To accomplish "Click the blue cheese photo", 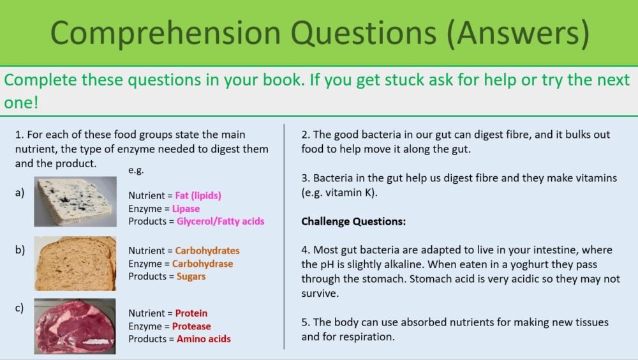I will click(75, 202).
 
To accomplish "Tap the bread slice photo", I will click(75, 263).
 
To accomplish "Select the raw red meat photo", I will click(75, 326).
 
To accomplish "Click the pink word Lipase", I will click(186, 209).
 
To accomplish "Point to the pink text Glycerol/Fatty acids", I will click(220, 221).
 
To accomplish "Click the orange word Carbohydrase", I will click(203, 264).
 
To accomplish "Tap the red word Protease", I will click(191, 326).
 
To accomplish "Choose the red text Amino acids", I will click(204, 339).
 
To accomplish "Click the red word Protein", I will click(191, 313).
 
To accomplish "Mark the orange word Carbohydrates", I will click(207, 251).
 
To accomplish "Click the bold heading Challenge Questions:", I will click(353, 222).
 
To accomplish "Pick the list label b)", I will click(20, 250).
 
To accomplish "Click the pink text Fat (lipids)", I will click(198, 196).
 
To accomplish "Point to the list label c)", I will click(20, 308).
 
